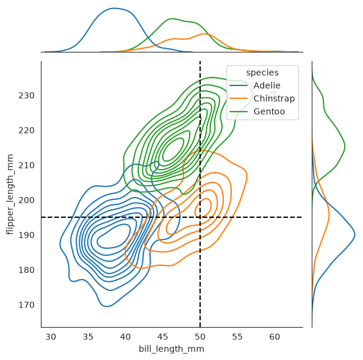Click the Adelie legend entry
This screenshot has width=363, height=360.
coord(254,85)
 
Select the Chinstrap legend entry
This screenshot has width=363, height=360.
coord(262,99)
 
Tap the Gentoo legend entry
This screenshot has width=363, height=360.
coord(257,112)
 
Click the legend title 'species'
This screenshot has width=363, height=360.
coord(262,73)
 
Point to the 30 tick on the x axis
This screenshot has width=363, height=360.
coord(51,337)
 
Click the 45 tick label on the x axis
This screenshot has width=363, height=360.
coord(162,337)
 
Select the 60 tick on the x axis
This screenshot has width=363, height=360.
coord(275,337)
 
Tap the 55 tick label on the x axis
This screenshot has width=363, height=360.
coord(237,337)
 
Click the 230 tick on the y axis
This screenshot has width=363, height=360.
coord(26,95)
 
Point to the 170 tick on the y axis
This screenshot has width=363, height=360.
coord(26,305)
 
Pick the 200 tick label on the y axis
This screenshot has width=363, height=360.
coord(26,200)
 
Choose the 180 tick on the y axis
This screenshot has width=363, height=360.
coord(26,270)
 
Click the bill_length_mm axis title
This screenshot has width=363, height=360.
coord(171,349)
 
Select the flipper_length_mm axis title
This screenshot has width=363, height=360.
coord(10,195)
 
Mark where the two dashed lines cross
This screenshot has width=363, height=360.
coord(200,217)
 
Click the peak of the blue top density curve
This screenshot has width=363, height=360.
coord(114,9)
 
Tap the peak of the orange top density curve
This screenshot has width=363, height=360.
coord(204,34)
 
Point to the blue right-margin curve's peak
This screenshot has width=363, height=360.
coord(354,234)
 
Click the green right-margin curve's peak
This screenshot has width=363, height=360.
coord(345,146)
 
